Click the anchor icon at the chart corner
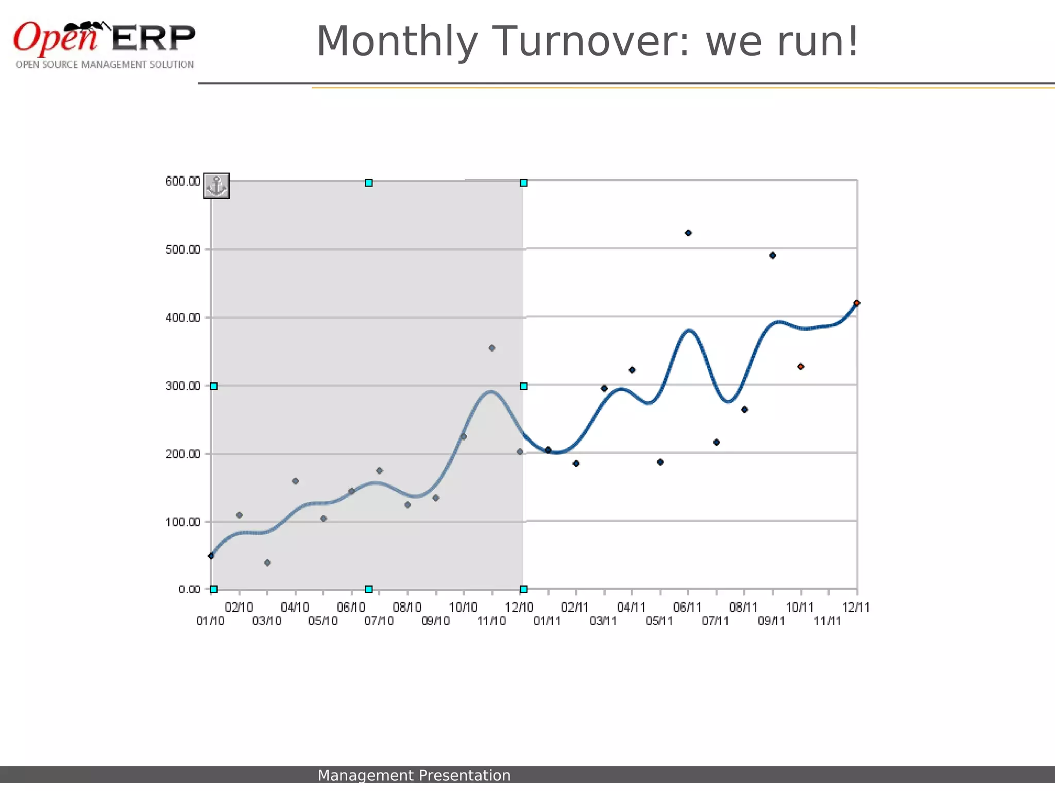point(216,186)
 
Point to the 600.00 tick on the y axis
point(182,181)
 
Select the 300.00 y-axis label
point(182,386)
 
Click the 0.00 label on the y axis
point(189,590)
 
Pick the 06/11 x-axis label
point(688,608)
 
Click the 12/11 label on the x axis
point(856,608)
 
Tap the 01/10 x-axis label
point(210,621)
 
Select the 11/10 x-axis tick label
point(491,621)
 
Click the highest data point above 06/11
point(688,233)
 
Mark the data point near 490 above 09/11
point(772,255)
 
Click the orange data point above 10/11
point(801,367)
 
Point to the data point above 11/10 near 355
point(492,348)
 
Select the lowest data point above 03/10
point(267,563)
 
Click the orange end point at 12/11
point(857,303)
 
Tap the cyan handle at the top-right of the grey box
point(523,183)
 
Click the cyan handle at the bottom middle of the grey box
point(369,589)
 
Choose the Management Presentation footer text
point(414,776)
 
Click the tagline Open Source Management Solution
point(105,65)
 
